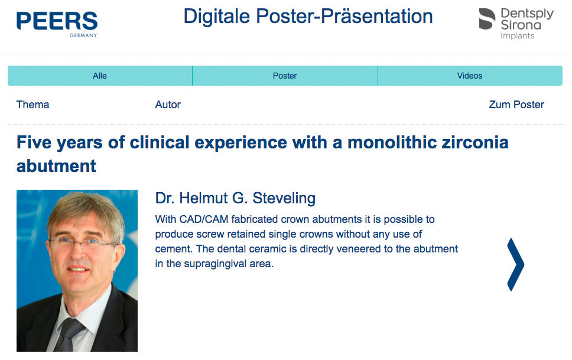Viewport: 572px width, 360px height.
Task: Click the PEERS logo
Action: coord(57,24)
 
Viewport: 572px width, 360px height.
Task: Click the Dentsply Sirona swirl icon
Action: coord(487,19)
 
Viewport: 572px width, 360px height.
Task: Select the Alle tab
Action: coord(100,76)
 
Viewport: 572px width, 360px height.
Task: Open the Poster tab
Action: coord(285,76)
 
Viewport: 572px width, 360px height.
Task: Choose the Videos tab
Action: coord(470,76)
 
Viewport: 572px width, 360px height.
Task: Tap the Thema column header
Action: coord(33,105)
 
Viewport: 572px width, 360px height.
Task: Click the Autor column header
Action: coord(168,105)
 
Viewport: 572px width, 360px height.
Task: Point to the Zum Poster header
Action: coord(516,105)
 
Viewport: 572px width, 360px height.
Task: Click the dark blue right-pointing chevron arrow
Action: coord(515,265)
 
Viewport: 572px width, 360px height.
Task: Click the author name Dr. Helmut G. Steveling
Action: coord(235,198)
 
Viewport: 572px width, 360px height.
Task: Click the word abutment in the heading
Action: coord(57,166)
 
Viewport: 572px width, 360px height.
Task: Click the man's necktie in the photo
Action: coord(68,335)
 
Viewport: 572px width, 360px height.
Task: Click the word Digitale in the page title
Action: coord(217,17)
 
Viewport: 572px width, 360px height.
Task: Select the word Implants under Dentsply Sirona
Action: coord(517,36)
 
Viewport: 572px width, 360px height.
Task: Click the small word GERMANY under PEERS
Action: coord(83,35)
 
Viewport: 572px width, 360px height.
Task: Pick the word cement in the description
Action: coord(173,249)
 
